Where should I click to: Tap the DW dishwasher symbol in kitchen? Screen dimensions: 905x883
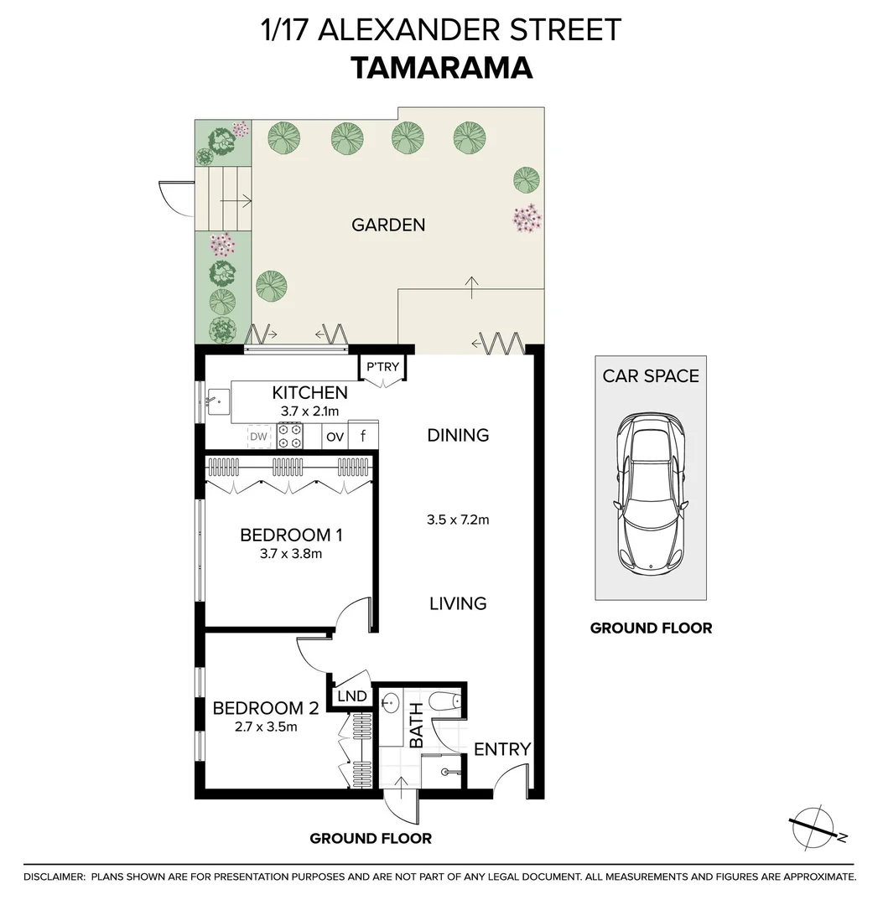click(259, 437)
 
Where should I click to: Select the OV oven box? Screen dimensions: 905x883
click(335, 437)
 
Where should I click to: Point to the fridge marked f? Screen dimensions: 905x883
click(363, 436)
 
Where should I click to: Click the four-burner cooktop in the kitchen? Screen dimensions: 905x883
click(290, 436)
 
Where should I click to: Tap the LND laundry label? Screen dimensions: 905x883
click(351, 697)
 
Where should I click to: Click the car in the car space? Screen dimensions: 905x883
click(651, 492)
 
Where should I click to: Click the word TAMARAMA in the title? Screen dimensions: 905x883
click(441, 68)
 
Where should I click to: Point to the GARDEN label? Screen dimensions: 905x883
click(388, 225)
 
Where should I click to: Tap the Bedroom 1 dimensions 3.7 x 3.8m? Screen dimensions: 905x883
click(292, 554)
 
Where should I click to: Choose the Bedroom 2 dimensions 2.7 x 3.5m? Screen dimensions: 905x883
click(267, 727)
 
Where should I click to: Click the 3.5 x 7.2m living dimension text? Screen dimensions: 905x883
click(458, 520)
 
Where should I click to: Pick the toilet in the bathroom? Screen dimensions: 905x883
click(444, 702)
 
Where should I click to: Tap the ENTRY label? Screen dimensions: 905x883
click(502, 749)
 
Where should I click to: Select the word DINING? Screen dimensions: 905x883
click(458, 435)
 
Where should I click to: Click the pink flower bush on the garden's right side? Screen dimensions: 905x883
click(527, 218)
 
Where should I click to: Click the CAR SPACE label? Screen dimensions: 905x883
click(651, 375)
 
